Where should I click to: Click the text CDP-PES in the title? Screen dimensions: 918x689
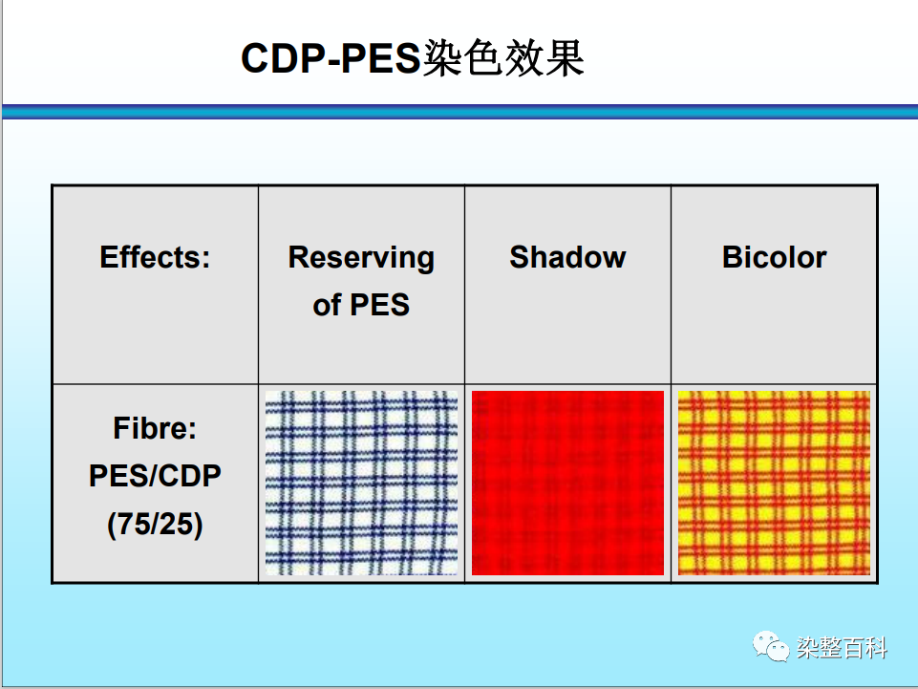tap(331, 58)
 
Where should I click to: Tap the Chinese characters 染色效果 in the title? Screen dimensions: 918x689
tap(502, 58)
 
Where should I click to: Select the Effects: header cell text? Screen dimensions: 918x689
tap(155, 257)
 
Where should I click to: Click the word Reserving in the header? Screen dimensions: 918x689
tap(361, 258)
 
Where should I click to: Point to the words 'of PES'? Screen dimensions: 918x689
tap(361, 305)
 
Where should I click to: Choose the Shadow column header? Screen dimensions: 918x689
tap(567, 257)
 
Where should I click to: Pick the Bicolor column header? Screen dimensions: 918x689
tap(774, 257)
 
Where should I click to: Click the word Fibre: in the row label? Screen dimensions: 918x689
tap(155, 428)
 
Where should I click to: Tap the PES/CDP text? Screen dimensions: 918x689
tap(155, 475)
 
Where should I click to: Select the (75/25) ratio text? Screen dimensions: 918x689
tap(155, 524)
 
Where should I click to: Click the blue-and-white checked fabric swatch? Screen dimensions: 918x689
tap(361, 483)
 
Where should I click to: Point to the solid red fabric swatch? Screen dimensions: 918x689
tap(567, 483)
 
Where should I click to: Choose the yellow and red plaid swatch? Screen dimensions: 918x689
tap(774, 483)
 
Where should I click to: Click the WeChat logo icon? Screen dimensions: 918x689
tap(771, 647)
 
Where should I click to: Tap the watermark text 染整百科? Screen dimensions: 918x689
tap(842, 648)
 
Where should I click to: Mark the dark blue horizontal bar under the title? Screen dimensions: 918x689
tap(460, 111)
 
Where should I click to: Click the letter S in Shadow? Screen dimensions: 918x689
tap(520, 257)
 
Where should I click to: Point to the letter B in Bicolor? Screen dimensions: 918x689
tap(733, 257)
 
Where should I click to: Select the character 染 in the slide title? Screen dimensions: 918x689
tap(441, 58)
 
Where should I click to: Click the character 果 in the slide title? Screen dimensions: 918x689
tap(565, 58)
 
